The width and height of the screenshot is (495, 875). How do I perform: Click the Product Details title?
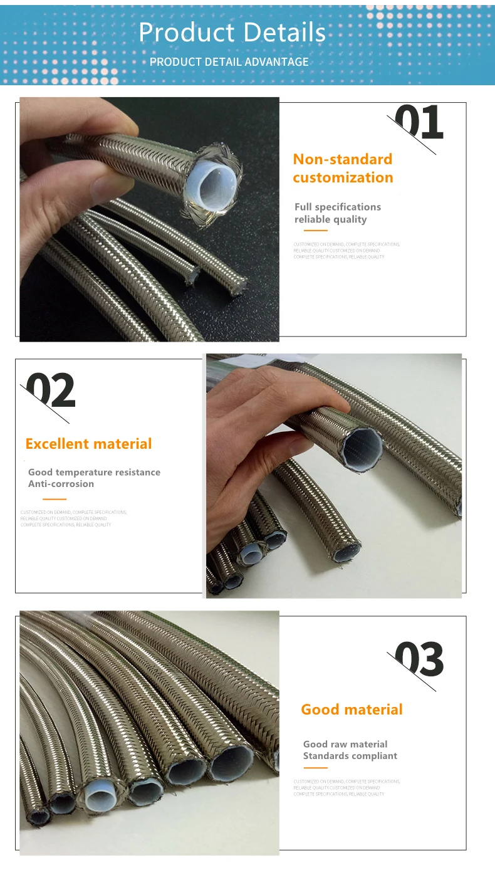pos(232,33)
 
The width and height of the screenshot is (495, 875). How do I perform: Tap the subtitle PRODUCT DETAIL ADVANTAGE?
pos(229,62)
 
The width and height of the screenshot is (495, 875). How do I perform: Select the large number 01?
pos(419,123)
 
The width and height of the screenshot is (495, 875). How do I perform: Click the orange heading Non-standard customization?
pos(343,169)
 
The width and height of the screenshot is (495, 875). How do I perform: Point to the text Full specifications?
pos(338,207)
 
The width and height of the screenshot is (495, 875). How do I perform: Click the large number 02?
pos(51,391)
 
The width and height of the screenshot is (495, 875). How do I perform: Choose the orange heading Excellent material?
pos(88,444)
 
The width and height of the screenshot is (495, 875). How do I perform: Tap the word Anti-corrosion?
pos(61,484)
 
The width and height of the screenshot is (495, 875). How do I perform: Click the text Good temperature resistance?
pos(94,472)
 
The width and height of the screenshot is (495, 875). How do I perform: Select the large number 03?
pos(419,659)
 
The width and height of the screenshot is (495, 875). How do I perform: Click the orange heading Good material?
pos(352,710)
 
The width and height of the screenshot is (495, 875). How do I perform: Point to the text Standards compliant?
pos(350,756)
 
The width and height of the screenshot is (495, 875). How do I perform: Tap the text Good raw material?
pos(345,744)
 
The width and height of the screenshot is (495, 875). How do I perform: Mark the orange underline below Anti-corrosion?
pos(54,499)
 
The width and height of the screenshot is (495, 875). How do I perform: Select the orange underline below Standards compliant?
pos(316,768)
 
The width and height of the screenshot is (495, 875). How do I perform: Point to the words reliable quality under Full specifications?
pos(331,219)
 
